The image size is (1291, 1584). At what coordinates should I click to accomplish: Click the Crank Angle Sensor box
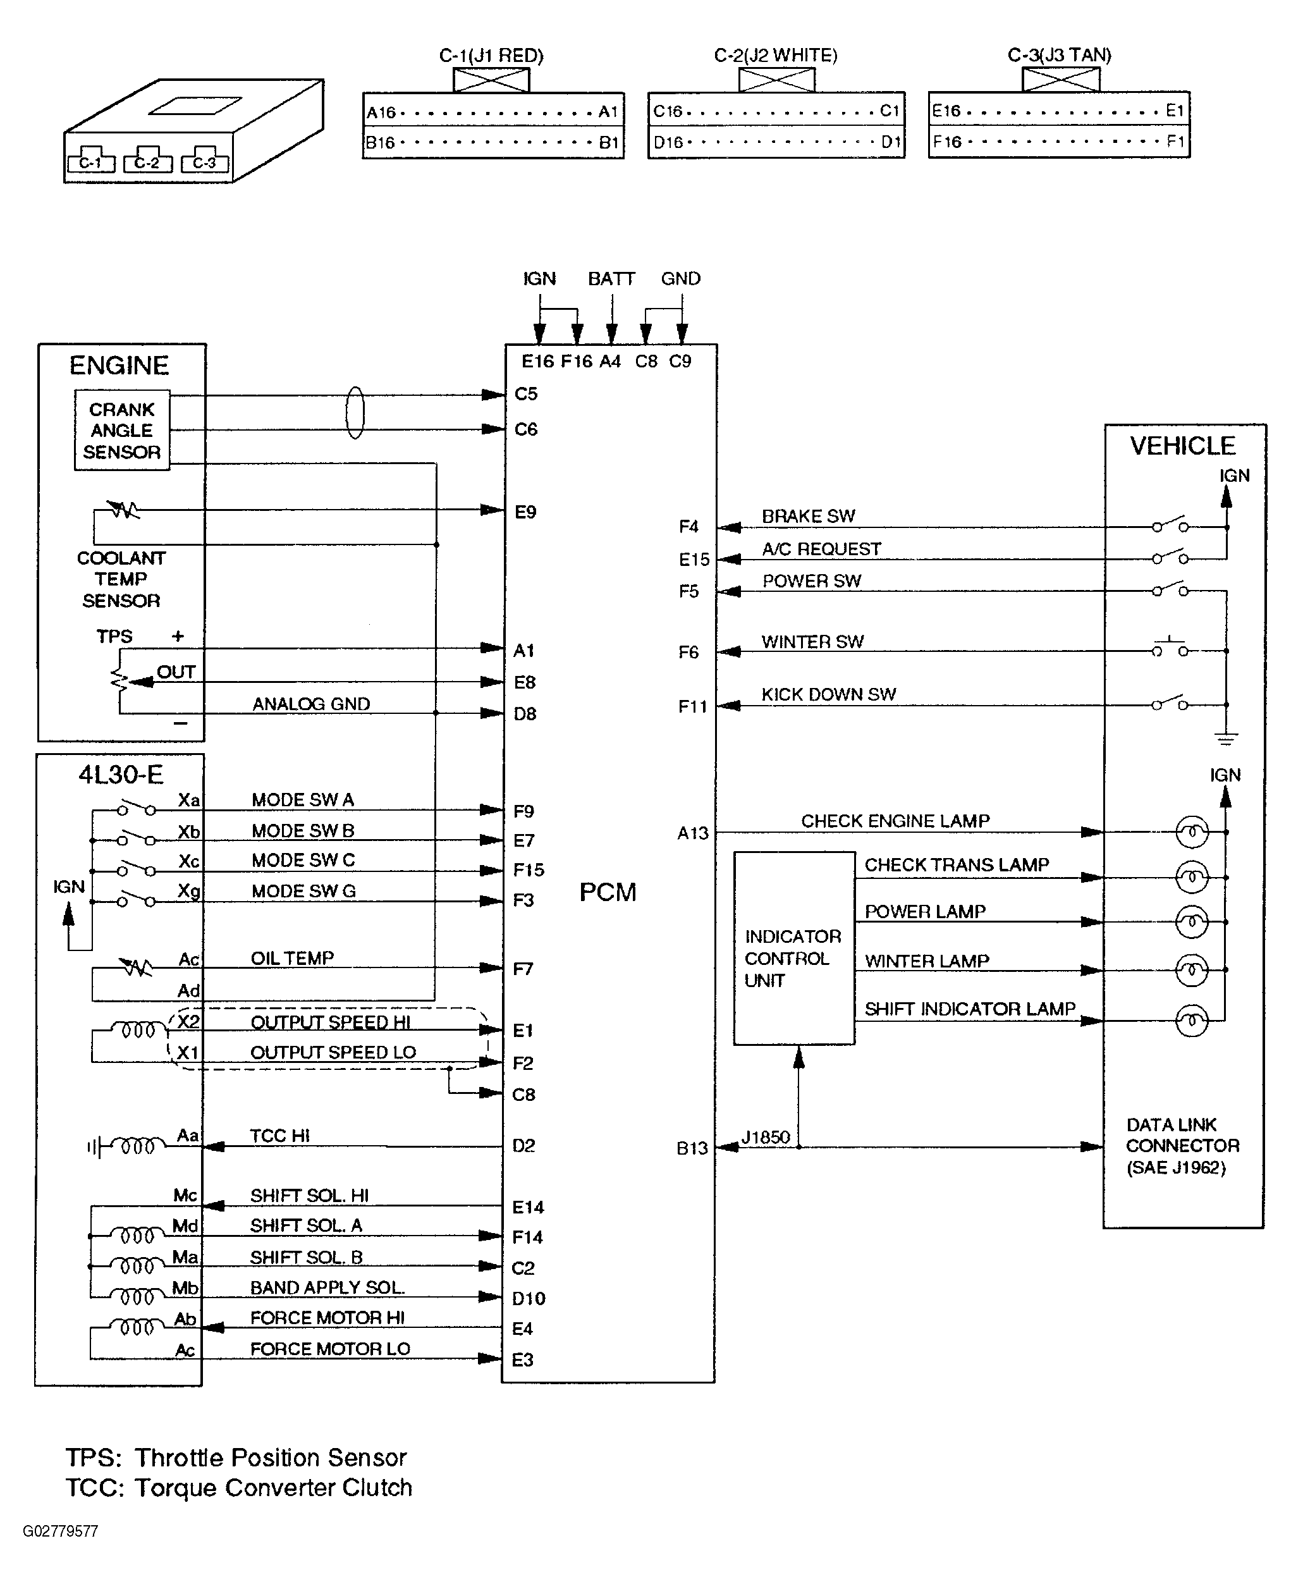[x=122, y=430]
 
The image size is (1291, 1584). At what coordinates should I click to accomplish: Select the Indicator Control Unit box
[x=793, y=947]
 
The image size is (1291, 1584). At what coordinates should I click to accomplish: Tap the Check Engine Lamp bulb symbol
[x=1191, y=832]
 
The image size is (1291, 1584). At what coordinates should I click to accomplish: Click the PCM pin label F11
[x=692, y=706]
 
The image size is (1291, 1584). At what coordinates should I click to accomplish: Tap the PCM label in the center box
[x=608, y=892]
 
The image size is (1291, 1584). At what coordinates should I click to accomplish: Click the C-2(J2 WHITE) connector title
[x=775, y=55]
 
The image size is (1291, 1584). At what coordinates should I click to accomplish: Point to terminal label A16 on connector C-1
[x=381, y=113]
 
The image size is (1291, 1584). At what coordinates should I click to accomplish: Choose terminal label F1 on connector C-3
[x=1174, y=141]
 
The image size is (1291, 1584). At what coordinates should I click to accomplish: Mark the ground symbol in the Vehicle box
[x=1227, y=738]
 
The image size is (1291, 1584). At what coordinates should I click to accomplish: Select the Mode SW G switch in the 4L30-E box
[x=137, y=899]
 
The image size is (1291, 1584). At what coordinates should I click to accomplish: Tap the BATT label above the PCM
[x=611, y=279]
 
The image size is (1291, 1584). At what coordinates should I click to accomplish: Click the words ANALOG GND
[x=311, y=704]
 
